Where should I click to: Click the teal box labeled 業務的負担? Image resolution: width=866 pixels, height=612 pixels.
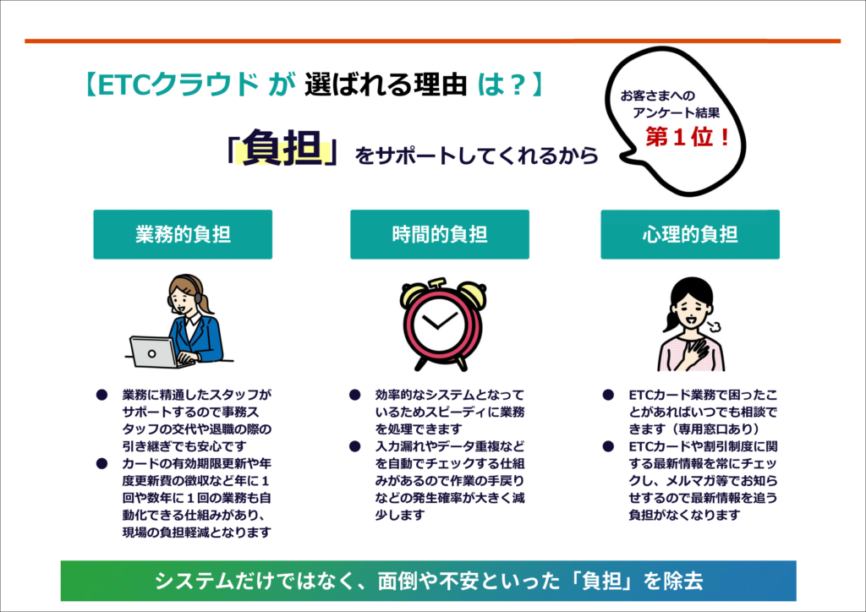183,234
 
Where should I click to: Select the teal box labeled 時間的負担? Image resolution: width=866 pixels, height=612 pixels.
440,234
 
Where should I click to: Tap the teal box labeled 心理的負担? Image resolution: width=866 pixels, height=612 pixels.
690,234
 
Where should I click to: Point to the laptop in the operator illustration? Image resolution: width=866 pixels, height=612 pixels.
152,352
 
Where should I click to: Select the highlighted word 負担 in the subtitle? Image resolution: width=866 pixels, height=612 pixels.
282,147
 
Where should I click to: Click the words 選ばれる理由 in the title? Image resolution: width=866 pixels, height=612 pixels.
386,85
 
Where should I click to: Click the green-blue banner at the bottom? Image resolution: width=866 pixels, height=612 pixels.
429,581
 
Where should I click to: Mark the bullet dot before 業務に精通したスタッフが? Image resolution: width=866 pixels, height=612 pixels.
101,395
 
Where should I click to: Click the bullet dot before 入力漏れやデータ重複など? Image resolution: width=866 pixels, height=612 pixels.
354,445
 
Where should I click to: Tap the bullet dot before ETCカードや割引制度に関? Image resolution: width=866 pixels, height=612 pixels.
608,445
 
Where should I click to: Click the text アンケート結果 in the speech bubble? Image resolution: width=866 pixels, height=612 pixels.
676,112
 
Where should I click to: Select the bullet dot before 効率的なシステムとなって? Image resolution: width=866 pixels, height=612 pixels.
354,395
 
